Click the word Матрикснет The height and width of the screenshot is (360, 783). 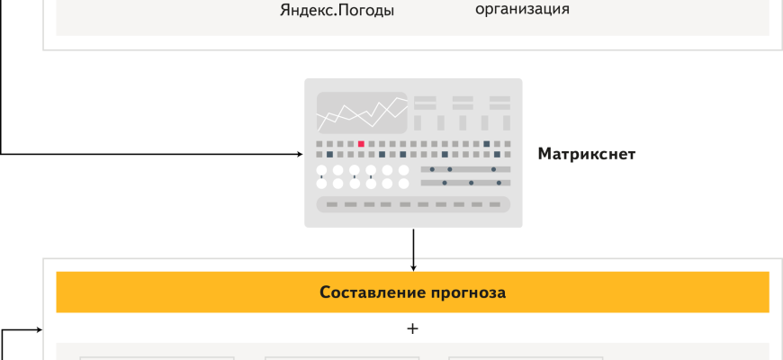coord(587,154)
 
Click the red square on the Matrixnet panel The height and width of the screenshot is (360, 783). coord(361,144)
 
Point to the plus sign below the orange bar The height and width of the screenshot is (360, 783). coord(413,328)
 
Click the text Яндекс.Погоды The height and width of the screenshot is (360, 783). coord(337,12)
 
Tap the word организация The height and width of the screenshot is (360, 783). coord(522,9)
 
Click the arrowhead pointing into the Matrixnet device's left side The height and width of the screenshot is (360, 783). coord(299,154)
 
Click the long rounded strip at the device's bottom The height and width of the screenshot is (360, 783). coord(413,204)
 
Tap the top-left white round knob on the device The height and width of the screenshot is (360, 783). coord(322,170)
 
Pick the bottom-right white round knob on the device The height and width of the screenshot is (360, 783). coord(403,184)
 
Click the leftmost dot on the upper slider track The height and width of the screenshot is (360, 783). coord(432,169)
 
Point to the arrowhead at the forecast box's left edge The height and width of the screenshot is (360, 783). coord(39,329)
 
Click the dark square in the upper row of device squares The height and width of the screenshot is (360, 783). coord(487,144)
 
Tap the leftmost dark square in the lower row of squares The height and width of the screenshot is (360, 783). coord(330,155)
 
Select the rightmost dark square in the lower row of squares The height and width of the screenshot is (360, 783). coord(497,155)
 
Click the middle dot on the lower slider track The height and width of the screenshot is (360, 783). coord(471,183)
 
